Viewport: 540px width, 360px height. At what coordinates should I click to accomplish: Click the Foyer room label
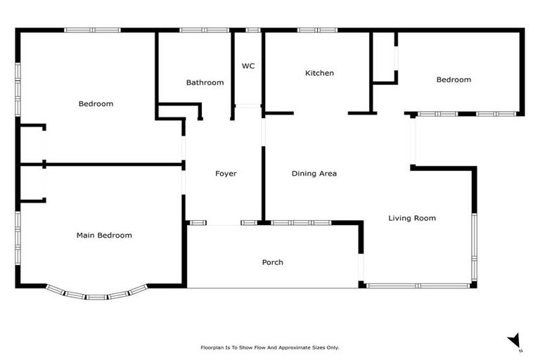point(226,174)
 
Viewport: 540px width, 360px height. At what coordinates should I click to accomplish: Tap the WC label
point(247,66)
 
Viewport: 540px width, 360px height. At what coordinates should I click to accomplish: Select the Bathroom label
point(205,82)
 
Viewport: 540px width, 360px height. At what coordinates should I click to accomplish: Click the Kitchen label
point(319,73)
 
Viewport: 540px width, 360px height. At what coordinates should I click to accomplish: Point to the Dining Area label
point(314,174)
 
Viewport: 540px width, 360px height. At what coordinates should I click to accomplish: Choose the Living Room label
point(412,218)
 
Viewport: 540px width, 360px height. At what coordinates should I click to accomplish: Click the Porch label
point(273,262)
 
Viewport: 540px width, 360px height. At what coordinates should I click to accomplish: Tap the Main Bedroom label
point(104,236)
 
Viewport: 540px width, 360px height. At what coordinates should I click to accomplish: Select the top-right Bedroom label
point(454,79)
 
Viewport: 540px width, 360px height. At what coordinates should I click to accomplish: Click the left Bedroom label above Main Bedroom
point(96,104)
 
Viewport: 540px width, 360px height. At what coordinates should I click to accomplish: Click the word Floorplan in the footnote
point(213,347)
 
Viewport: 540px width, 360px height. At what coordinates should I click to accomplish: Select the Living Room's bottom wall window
point(419,285)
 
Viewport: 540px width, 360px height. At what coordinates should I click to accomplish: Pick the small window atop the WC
point(252,30)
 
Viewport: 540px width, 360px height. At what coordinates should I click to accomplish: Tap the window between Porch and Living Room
point(362,267)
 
